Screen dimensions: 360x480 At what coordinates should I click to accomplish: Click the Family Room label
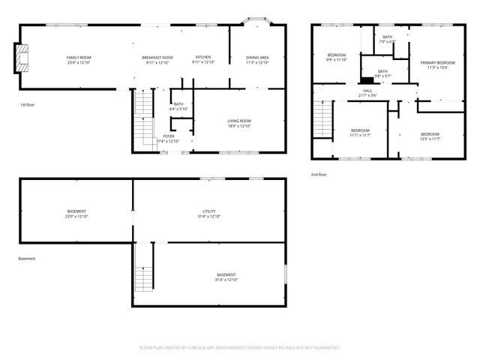pyautogui.click(x=79, y=60)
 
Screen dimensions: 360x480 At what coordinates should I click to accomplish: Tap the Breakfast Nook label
pyautogui.click(x=157, y=60)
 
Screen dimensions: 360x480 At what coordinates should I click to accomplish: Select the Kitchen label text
pyautogui.click(x=203, y=60)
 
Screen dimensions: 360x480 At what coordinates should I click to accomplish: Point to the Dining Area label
pyautogui.click(x=258, y=60)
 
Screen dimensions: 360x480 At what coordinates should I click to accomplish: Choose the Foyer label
pyautogui.click(x=169, y=139)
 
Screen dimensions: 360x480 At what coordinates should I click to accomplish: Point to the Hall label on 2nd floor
pyautogui.click(x=367, y=93)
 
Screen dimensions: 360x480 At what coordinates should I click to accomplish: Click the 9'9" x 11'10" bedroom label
pyautogui.click(x=336, y=58)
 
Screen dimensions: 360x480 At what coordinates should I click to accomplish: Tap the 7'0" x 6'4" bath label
pyautogui.click(x=387, y=40)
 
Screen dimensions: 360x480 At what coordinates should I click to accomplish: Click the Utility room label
pyautogui.click(x=209, y=214)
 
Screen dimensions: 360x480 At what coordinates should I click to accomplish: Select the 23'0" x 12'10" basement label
pyautogui.click(x=76, y=214)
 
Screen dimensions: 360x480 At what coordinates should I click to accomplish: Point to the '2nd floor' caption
pyautogui.click(x=319, y=174)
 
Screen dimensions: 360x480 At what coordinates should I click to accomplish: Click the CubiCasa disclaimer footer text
pyautogui.click(x=240, y=348)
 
